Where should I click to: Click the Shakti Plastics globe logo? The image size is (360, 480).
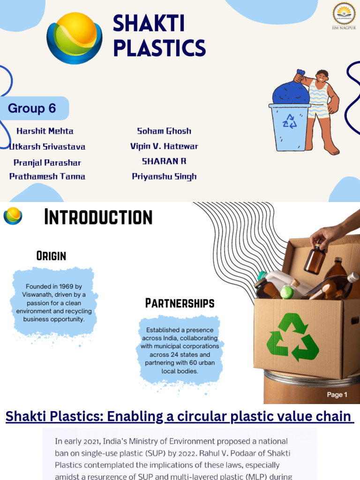[x=75, y=37]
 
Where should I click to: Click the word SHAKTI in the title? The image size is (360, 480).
[x=149, y=25]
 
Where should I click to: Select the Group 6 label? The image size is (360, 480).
[x=32, y=108]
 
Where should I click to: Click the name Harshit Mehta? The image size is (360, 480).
[x=45, y=131]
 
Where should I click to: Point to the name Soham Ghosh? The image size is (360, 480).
[x=164, y=131]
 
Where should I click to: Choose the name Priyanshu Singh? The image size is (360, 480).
[x=164, y=176]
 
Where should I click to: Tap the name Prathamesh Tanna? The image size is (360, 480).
[x=47, y=176]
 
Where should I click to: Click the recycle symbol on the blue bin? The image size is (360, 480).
[x=290, y=121]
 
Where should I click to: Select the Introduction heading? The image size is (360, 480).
[x=98, y=217]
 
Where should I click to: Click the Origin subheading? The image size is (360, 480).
[x=51, y=255]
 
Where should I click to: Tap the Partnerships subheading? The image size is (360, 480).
[x=180, y=303]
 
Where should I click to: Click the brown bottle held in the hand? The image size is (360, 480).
[x=315, y=259]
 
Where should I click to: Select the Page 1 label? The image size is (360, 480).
[x=337, y=395]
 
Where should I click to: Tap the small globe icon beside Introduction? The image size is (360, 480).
[x=13, y=216]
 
